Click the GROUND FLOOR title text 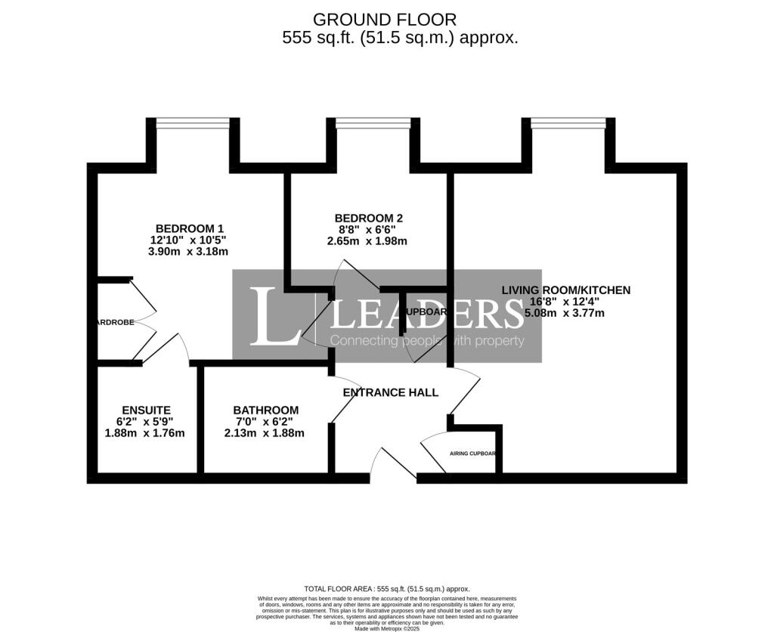pyautogui.click(x=385, y=20)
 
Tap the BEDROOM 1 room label pyautogui.click(x=190, y=228)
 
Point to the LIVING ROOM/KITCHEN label pyautogui.click(x=566, y=290)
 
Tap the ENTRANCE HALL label pyautogui.click(x=390, y=392)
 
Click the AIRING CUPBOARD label pyautogui.click(x=473, y=454)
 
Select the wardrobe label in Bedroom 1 pyautogui.click(x=114, y=322)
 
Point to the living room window pyautogui.click(x=568, y=122)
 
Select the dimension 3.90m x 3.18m pyautogui.click(x=189, y=252)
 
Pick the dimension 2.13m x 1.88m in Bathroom pyautogui.click(x=265, y=433)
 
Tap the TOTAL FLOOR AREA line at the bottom pyautogui.click(x=386, y=588)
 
